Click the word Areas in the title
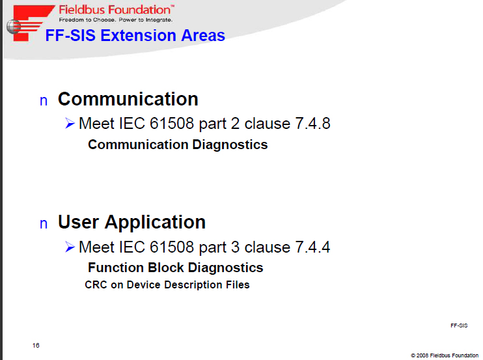coord(203,35)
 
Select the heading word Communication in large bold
coord(128,99)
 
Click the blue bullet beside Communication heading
coord(44,101)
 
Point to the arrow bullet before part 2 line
coord(70,124)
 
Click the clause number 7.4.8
coord(312,124)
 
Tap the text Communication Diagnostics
coord(178,145)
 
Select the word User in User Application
coord(78,222)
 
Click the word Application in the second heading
coord(155,223)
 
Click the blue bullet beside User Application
coord(44,224)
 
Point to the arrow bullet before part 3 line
coord(70,247)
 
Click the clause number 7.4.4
coord(312,247)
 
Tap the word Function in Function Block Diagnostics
coord(116,268)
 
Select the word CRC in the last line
coord(96,285)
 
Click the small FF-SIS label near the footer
coord(459,325)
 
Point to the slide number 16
coord(36,346)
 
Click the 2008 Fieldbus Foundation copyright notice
coord(445,355)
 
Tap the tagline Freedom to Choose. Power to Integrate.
coord(116,20)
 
